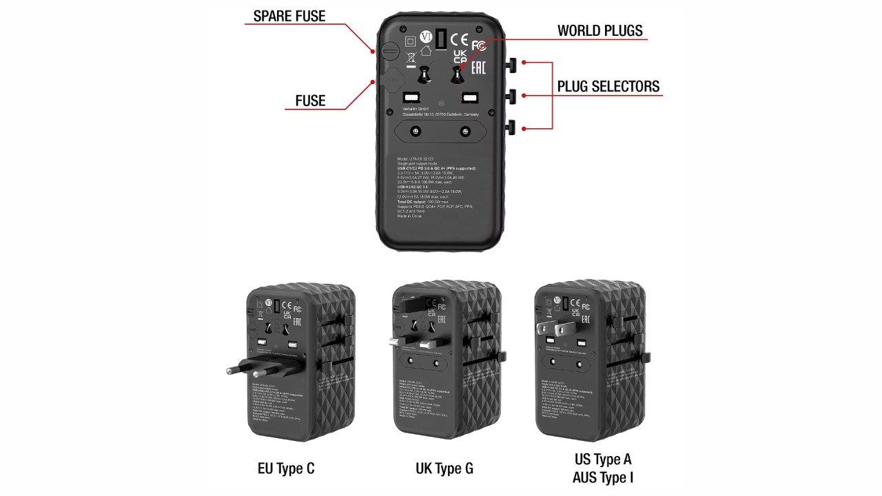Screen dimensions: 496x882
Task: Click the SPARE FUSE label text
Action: (289, 16)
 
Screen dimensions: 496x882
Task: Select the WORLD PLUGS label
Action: (599, 30)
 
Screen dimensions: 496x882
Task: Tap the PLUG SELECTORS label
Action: (608, 86)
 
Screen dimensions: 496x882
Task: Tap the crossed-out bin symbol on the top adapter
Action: (410, 59)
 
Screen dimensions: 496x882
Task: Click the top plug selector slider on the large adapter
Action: (513, 64)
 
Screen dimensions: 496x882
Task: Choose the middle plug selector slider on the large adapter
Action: (513, 95)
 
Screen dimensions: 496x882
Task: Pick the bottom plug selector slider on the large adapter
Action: (513, 127)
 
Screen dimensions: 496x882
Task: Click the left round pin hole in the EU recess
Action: (416, 131)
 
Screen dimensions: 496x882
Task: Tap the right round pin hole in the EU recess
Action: (465, 131)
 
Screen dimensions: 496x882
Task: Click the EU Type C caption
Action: (285, 469)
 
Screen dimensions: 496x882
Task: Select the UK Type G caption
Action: (444, 469)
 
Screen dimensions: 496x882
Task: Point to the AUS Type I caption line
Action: (603, 477)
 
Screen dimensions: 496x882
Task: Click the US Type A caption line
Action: (603, 459)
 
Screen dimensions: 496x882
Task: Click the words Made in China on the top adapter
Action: (409, 216)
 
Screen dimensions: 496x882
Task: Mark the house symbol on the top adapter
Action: (425, 50)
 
